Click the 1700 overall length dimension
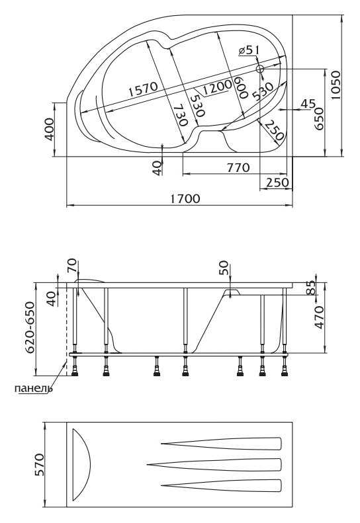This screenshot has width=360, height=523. pos(185,199)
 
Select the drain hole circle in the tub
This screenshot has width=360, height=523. pos(259,69)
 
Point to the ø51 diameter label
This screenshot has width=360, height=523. pos(249,50)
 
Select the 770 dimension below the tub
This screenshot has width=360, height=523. pos(238,167)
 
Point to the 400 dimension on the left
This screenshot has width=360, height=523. pos(49,129)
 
